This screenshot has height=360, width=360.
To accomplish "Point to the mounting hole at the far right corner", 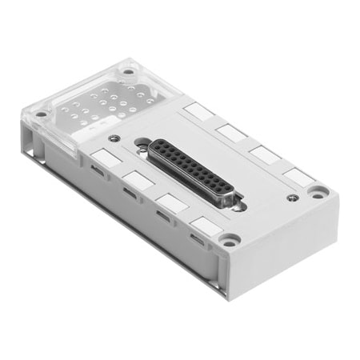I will (318, 192).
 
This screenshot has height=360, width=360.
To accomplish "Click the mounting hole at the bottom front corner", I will (230, 239).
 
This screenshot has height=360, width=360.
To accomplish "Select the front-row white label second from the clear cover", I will (138, 181).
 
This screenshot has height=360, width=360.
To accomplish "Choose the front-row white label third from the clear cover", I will (171, 202).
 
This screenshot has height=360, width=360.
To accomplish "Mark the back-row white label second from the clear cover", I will (230, 131).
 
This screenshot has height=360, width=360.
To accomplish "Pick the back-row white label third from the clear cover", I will (264, 153).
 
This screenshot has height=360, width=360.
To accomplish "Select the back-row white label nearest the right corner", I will (298, 175).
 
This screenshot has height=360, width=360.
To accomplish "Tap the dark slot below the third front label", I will (162, 215).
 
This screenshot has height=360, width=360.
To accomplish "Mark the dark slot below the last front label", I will (197, 238).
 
